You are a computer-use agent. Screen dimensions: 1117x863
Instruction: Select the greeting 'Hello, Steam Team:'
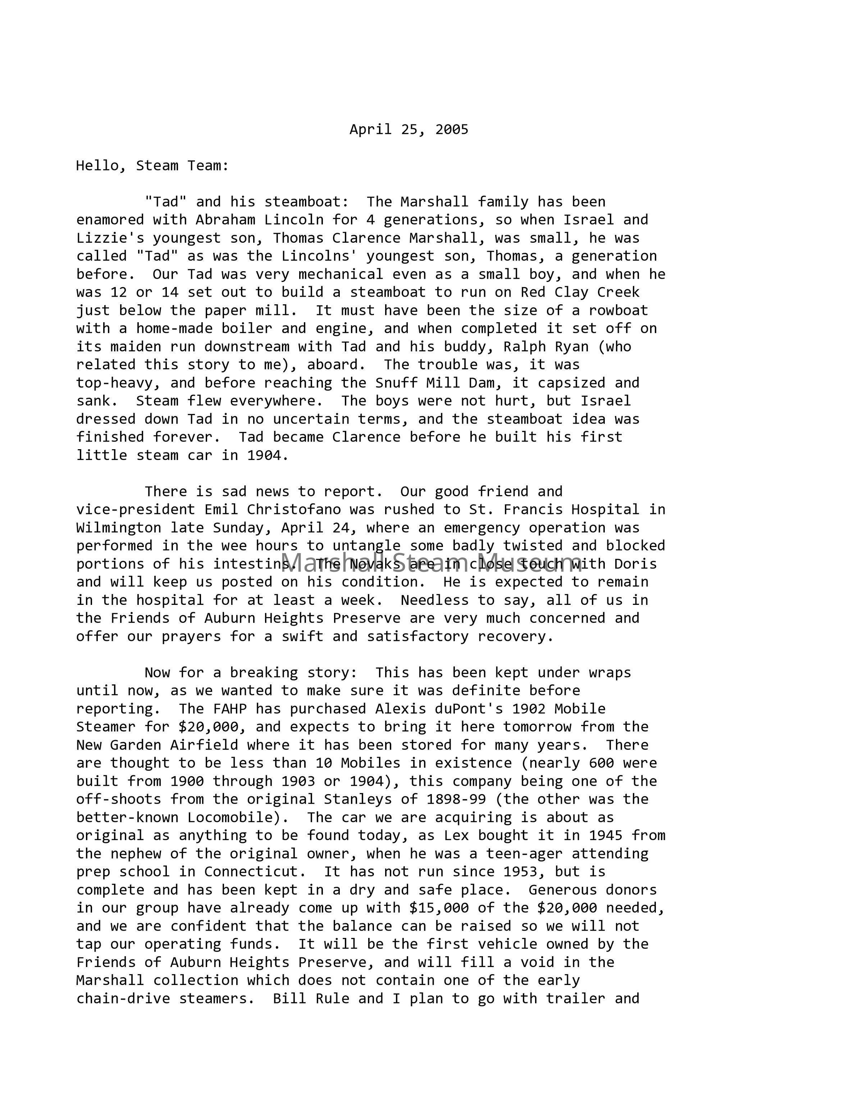tap(152, 166)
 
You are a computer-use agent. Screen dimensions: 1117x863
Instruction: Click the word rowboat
tap(618, 310)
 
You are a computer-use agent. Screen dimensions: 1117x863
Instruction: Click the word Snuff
tap(396, 383)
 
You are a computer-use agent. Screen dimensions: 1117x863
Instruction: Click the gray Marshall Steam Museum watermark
tap(431, 562)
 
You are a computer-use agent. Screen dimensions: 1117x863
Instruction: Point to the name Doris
tap(635, 564)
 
